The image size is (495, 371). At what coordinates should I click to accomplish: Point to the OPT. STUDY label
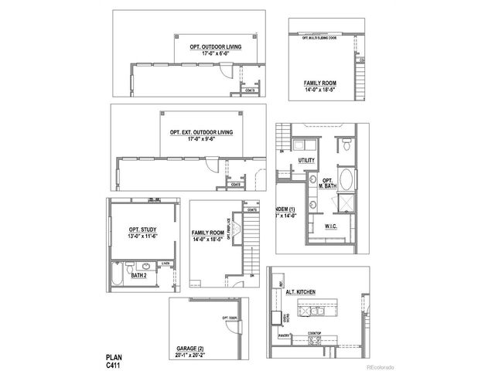pos(144,230)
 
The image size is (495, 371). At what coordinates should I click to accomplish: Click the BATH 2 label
pos(138,274)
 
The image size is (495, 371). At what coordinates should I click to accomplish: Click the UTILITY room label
pos(306,161)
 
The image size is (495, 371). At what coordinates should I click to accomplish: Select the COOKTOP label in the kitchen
pos(315,334)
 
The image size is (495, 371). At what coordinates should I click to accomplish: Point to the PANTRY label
pos(284,336)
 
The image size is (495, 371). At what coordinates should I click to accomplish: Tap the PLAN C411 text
pos(114,361)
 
